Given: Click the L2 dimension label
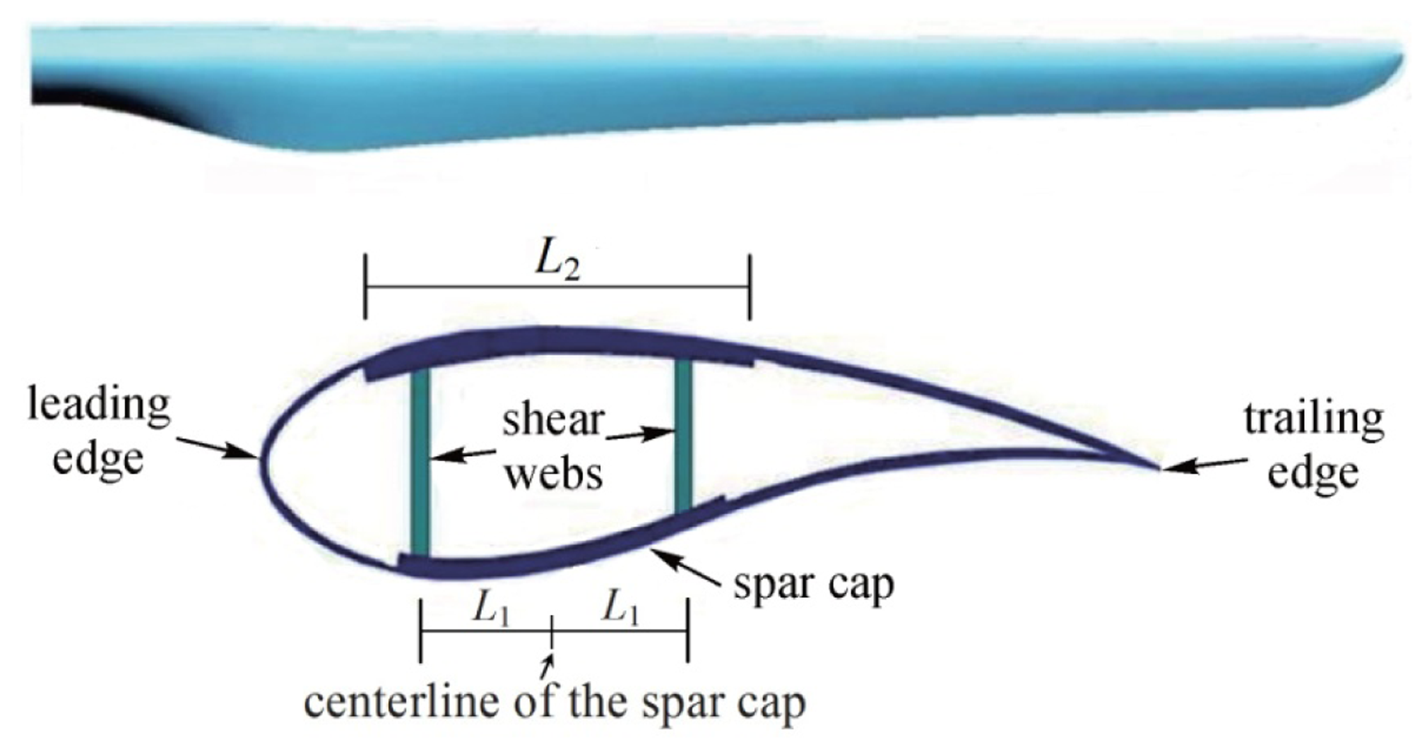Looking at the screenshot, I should pyautogui.click(x=557, y=263).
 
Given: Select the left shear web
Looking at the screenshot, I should pyautogui.click(x=420, y=462).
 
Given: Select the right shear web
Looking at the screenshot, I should pyautogui.click(x=682, y=434).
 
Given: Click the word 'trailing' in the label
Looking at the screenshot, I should pyautogui.click(x=1313, y=419).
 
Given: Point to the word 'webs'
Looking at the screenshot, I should pyautogui.click(x=555, y=474).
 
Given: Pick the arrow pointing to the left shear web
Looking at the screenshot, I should pyautogui.click(x=463, y=455).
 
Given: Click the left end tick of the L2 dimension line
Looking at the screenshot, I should pyautogui.click(x=365, y=287).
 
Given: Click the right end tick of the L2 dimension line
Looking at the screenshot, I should pyautogui.click(x=750, y=287).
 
